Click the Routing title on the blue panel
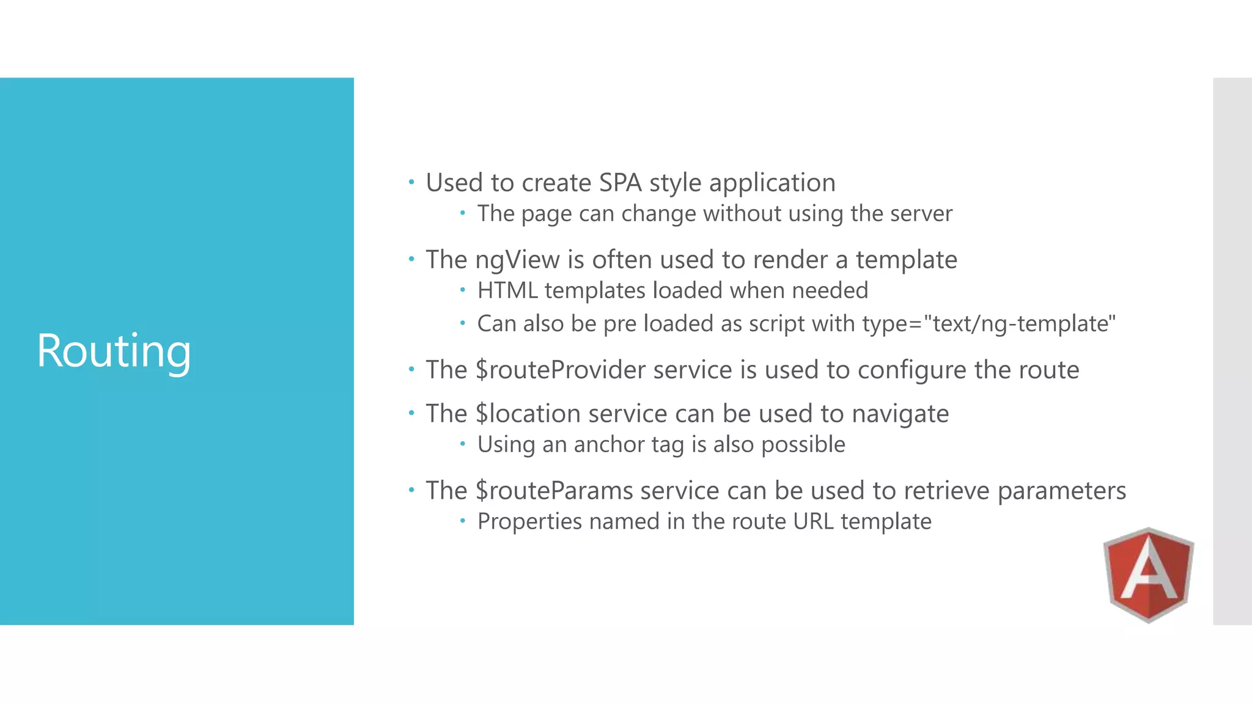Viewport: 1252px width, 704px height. click(114, 351)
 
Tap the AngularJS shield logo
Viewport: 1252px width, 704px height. click(1149, 575)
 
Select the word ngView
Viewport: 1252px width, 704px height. click(517, 260)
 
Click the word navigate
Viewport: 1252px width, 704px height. click(900, 414)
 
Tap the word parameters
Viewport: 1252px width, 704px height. click(1061, 491)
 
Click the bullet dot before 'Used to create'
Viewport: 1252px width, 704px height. click(411, 182)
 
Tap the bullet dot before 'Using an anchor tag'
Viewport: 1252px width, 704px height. click(463, 444)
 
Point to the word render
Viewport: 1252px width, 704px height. click(790, 260)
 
